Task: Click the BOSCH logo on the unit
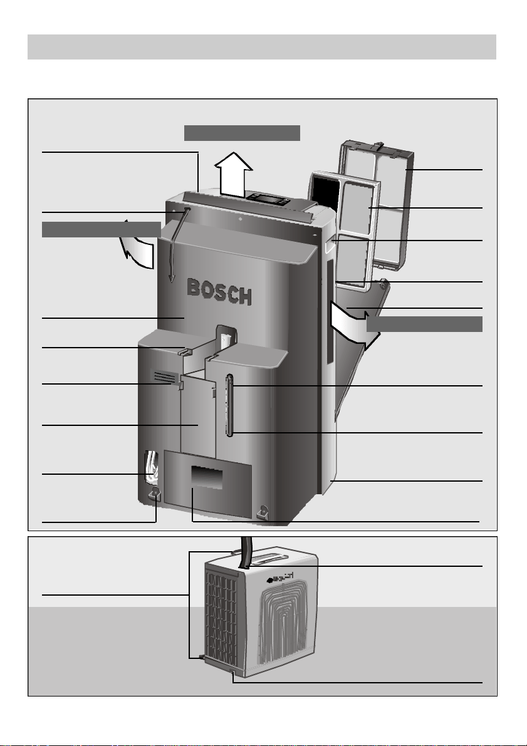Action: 219,291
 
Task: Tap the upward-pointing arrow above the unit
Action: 233,174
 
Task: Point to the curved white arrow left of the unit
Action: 138,245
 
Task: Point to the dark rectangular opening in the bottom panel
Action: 207,477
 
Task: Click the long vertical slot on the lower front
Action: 230,405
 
